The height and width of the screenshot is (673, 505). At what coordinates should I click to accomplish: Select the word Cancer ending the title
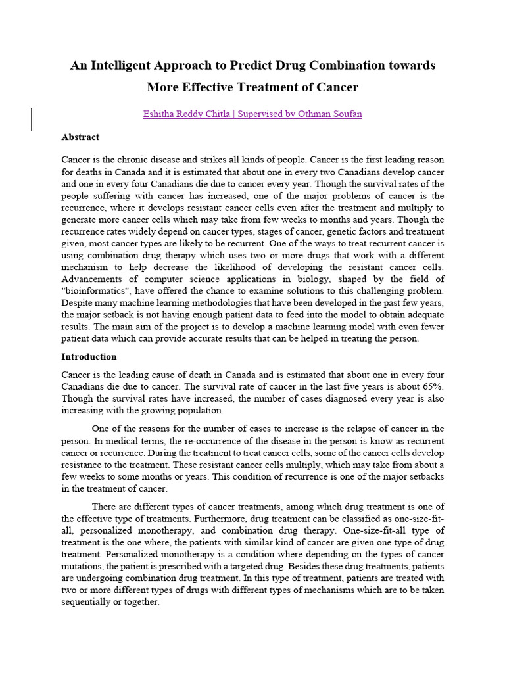tap(337, 87)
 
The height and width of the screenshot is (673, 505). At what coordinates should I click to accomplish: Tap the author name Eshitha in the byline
tap(158, 114)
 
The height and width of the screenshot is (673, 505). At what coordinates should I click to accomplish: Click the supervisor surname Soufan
tap(347, 114)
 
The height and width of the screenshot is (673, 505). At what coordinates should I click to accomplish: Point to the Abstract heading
tap(80, 137)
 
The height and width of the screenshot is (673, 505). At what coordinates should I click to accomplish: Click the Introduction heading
tap(89, 357)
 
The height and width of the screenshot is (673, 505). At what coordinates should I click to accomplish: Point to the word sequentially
tap(88, 602)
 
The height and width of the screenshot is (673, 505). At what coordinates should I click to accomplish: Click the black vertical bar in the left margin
tap(32, 120)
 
